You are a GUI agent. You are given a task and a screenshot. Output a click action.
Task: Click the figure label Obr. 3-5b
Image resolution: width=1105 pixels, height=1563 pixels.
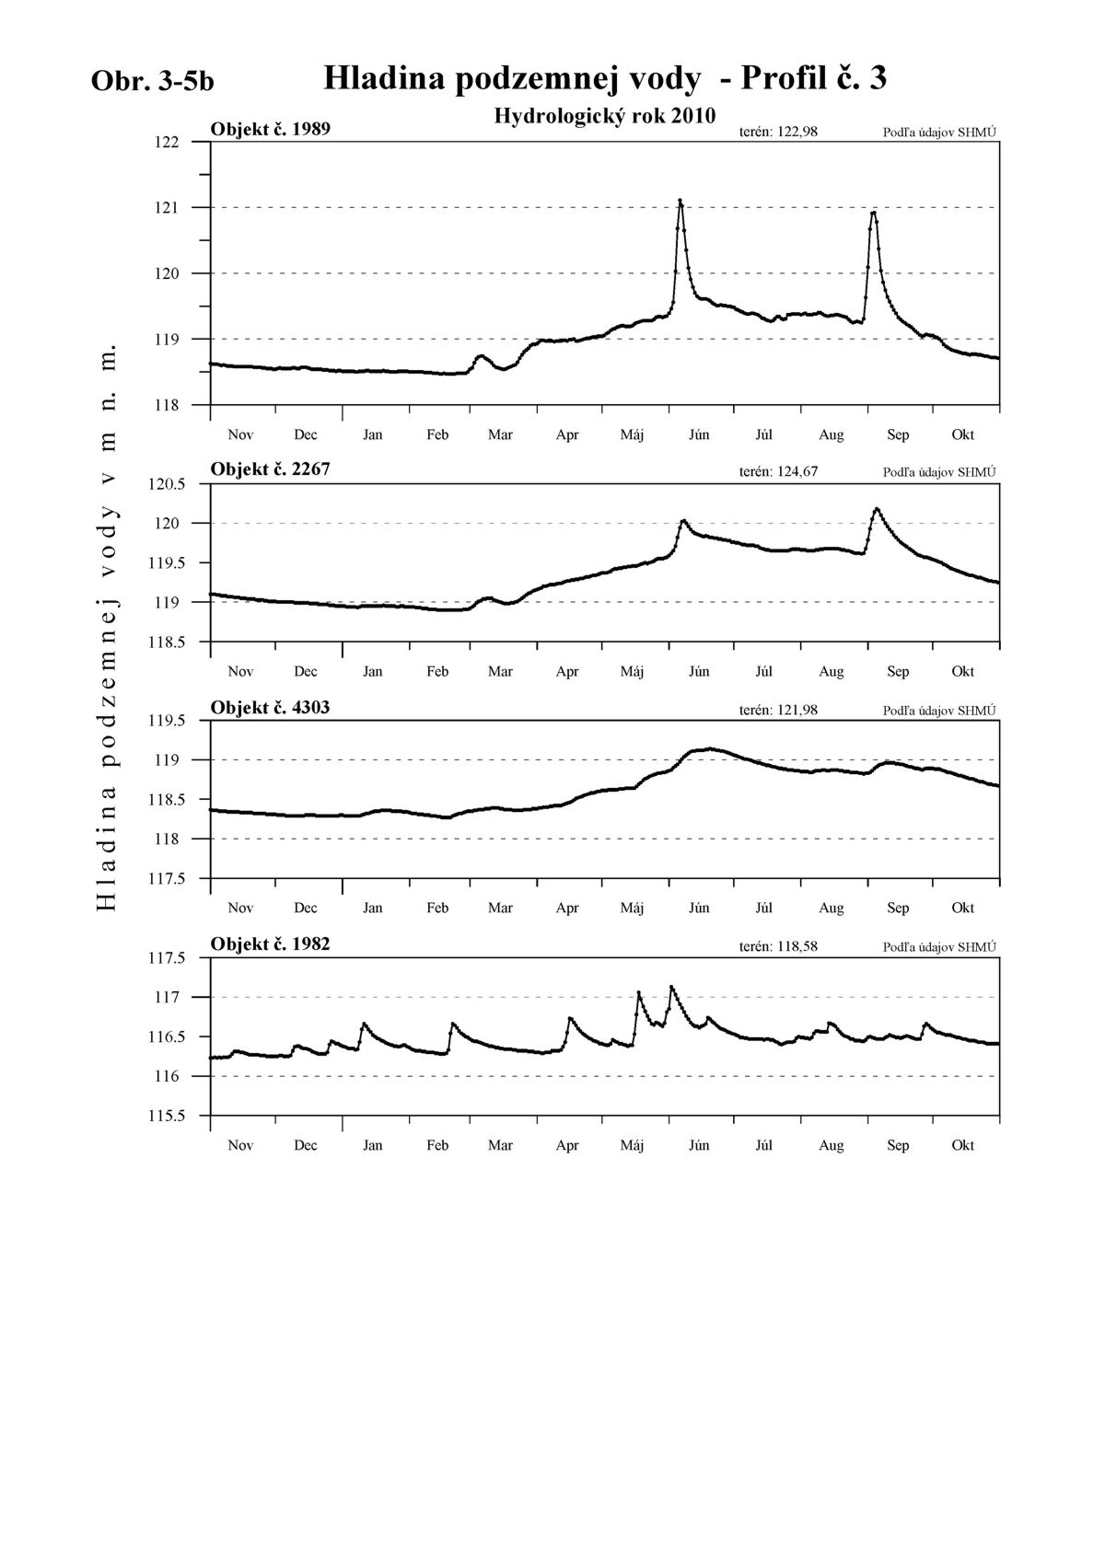click(152, 82)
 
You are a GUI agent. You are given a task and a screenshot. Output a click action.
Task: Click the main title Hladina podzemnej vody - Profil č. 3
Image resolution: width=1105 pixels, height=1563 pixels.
click(605, 78)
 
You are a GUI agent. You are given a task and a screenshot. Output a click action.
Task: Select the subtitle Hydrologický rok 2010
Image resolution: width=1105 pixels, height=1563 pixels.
click(605, 116)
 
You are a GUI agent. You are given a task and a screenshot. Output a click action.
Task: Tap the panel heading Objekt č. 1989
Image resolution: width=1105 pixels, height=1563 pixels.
click(270, 130)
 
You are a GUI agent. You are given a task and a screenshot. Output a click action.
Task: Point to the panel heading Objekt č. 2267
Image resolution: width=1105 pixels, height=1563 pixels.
click(270, 469)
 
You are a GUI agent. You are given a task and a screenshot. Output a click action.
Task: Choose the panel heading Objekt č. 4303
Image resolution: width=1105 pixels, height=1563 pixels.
click(270, 708)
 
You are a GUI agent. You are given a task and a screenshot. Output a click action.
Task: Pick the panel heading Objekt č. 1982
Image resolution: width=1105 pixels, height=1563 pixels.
click(270, 944)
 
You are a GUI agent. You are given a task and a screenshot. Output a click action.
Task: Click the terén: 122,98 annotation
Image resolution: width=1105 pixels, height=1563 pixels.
click(778, 132)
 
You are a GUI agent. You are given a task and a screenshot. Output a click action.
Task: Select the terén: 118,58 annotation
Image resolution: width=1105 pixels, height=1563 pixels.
click(778, 947)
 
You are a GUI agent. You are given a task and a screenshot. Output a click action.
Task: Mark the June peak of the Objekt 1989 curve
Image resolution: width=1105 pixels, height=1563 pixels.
click(680, 201)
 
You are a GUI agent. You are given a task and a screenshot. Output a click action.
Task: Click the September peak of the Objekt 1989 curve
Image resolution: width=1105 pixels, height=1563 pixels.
click(873, 213)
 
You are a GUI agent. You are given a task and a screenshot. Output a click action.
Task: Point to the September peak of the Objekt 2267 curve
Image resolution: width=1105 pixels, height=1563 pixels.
click(877, 509)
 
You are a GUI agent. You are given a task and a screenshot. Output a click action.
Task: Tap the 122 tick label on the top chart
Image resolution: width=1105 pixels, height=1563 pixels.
click(167, 143)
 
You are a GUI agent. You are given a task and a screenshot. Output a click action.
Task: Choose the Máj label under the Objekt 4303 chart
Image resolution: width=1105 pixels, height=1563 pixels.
click(632, 908)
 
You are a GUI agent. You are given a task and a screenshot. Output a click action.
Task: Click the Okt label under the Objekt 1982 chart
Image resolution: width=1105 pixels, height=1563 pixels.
click(962, 1145)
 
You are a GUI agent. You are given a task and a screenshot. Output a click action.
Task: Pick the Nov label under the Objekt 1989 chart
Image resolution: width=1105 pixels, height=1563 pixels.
click(240, 434)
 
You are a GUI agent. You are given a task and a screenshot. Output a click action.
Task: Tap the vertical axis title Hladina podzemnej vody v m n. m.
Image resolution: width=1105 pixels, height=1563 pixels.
click(105, 627)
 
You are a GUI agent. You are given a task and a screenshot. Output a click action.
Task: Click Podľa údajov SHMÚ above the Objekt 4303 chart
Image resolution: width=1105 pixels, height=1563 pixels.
click(939, 711)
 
